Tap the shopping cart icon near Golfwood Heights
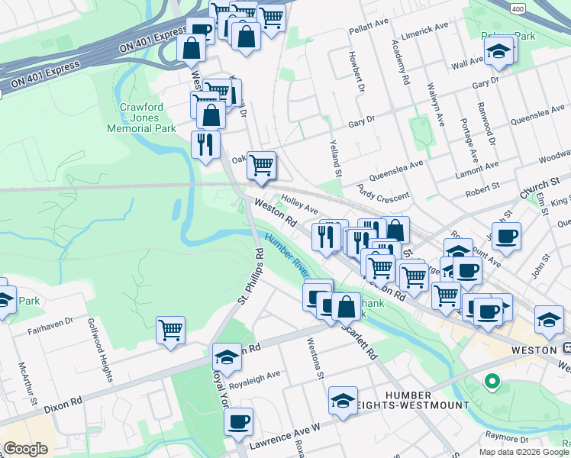click(170, 331)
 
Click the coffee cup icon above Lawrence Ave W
click(239, 420)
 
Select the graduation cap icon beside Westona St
click(343, 399)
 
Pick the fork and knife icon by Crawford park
click(205, 144)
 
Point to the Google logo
click(25, 449)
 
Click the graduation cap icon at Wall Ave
click(498, 52)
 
